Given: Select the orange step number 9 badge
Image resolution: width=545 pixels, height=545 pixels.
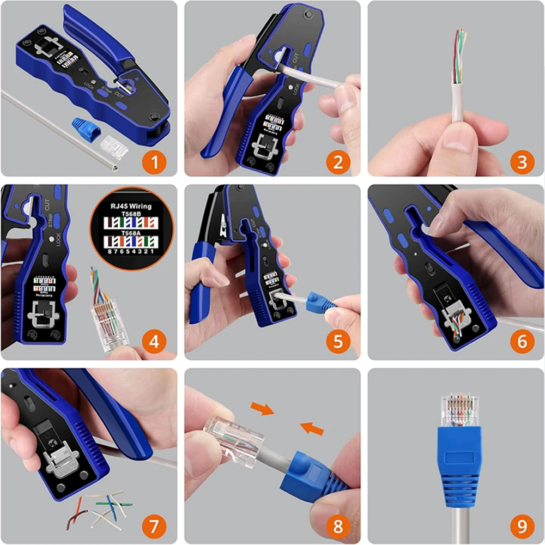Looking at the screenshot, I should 522,526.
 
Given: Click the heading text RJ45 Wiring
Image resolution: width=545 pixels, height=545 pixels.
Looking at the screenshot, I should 130,207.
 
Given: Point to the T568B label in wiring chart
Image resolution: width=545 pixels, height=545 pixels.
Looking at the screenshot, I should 130,215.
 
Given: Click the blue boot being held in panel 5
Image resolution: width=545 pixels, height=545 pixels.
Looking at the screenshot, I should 322,301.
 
